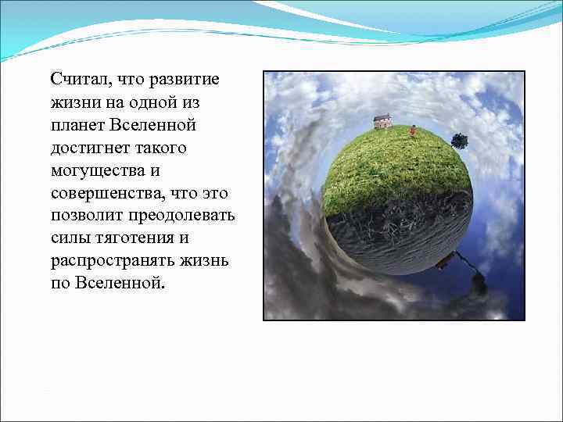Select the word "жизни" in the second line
71,102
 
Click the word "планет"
77,125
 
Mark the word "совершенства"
101,193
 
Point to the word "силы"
66,238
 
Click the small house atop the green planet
382,121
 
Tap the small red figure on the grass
412,131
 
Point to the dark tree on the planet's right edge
459,141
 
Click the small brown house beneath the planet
443,263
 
